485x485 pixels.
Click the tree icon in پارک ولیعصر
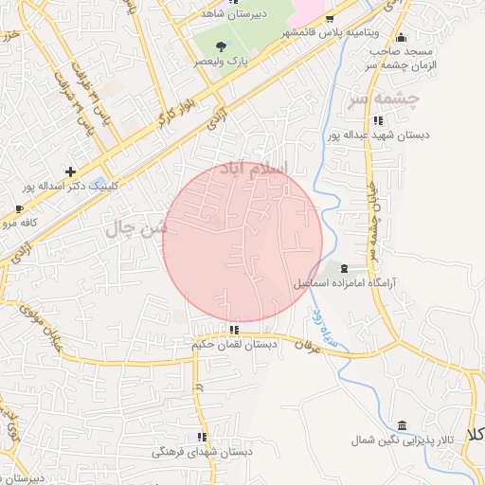pyautogui.click(x=220, y=45)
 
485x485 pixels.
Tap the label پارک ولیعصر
pyautogui.click(x=220, y=61)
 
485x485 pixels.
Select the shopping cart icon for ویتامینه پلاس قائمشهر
pyautogui.click(x=329, y=18)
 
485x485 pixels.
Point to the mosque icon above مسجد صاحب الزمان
pyautogui.click(x=402, y=36)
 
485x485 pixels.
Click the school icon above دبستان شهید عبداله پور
pyautogui.click(x=379, y=120)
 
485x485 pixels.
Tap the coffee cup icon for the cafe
pyautogui.click(x=19, y=208)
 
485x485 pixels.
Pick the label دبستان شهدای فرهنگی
pyautogui.click(x=203, y=452)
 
